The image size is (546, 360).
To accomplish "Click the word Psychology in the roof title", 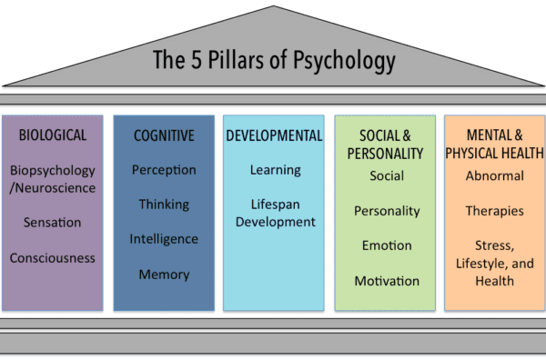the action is tap(344, 61).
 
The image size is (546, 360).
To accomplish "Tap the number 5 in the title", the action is tap(197, 59).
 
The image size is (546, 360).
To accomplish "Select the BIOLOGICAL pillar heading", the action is tap(53, 135).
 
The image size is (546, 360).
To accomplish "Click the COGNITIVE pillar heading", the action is tap(164, 135).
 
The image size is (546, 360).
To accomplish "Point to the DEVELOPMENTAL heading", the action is tap(274, 135).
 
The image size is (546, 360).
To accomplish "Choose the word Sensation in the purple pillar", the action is tap(52, 222).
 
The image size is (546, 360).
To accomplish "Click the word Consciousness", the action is tap(52, 258).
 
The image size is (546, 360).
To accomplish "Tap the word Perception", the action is tap(164, 170).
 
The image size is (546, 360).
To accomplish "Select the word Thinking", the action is tap(164, 205).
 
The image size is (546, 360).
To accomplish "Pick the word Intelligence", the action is tap(164, 239).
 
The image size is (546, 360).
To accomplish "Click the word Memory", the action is tap(164, 275).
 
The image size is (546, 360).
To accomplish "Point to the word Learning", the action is tap(276, 170).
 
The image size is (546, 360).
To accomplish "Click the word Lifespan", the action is tap(276, 205).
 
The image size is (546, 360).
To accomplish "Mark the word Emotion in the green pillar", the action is tap(387, 245).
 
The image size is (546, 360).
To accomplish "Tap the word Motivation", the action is tap(387, 281).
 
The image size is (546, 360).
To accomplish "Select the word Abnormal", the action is tap(495, 175).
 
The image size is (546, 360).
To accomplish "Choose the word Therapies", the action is tap(495, 211).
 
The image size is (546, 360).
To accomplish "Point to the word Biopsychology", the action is tap(53, 171).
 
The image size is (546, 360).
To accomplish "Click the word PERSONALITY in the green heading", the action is tap(385, 154).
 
